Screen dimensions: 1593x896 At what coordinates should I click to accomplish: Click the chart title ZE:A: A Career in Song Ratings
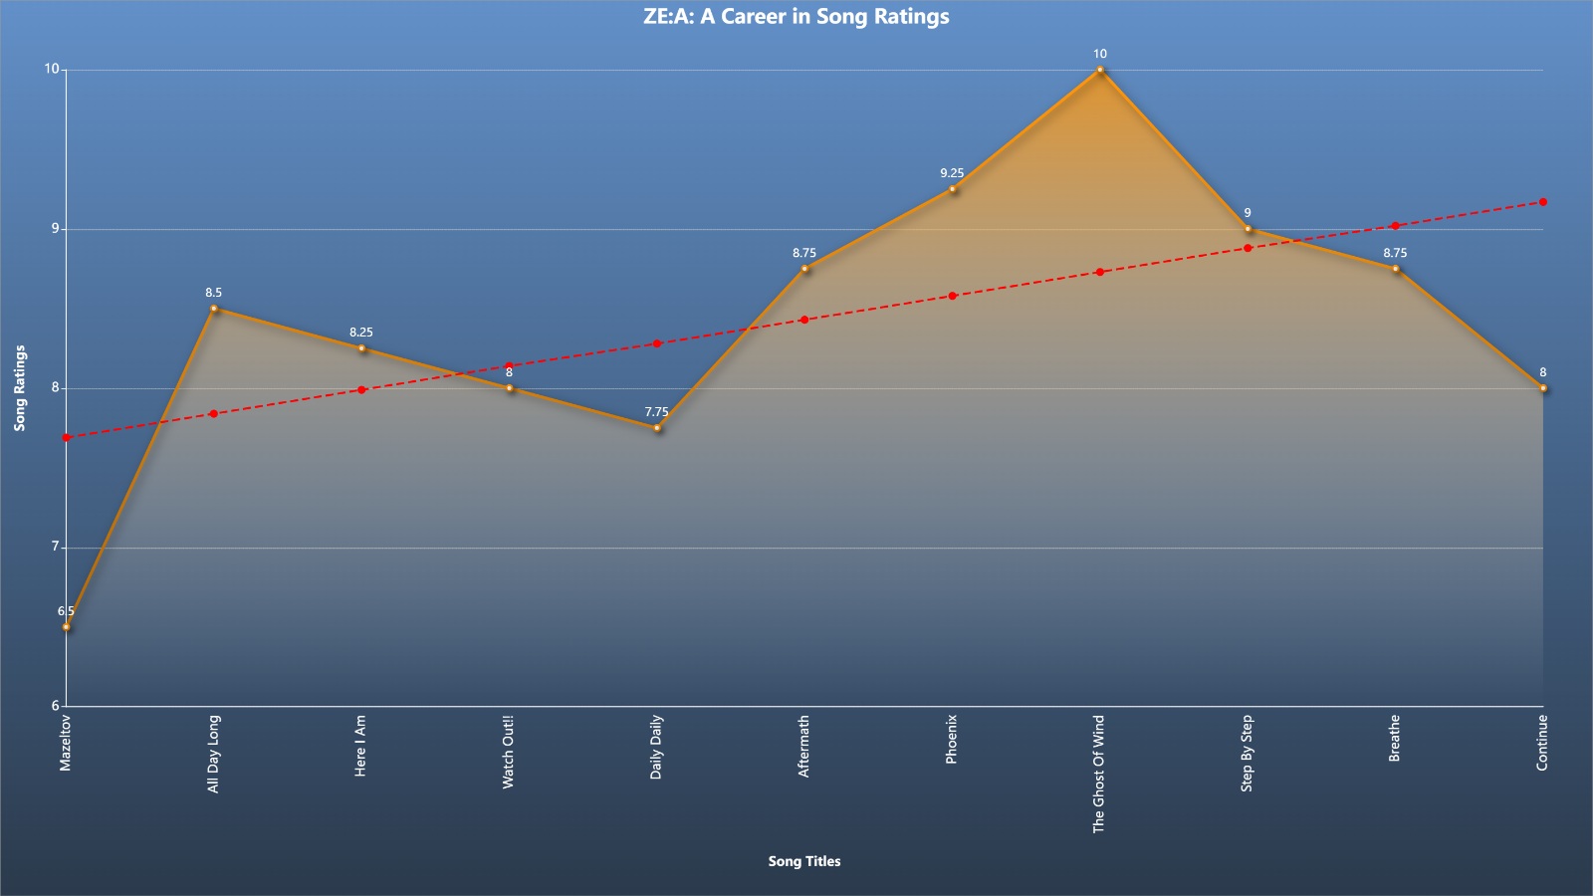pyautogui.click(x=796, y=16)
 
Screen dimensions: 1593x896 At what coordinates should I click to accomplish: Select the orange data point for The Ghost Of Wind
pyautogui.click(x=1100, y=70)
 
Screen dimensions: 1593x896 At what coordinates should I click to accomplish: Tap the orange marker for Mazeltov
pyautogui.click(x=66, y=627)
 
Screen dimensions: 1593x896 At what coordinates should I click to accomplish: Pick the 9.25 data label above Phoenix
pyautogui.click(x=952, y=173)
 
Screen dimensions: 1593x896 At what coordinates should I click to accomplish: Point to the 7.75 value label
pyautogui.click(x=657, y=412)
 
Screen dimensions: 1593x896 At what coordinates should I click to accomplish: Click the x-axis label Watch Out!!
pyautogui.click(x=508, y=752)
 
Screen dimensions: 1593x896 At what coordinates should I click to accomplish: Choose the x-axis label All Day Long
pyautogui.click(x=213, y=754)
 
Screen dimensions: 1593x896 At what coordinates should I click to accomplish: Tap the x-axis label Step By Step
pyautogui.click(x=1247, y=753)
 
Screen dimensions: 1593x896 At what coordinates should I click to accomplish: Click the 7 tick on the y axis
pyautogui.click(x=55, y=547)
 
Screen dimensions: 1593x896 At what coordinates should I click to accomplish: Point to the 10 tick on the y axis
pyautogui.click(x=52, y=69)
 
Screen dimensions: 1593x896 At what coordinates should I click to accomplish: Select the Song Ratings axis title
pyautogui.click(x=20, y=388)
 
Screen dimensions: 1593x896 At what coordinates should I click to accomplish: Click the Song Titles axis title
pyautogui.click(x=804, y=861)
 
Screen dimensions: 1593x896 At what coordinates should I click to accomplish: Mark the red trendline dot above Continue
pyautogui.click(x=1543, y=202)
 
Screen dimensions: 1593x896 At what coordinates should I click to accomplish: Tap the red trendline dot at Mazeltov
pyautogui.click(x=66, y=438)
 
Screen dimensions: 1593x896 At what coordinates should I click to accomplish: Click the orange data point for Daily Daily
pyautogui.click(x=657, y=428)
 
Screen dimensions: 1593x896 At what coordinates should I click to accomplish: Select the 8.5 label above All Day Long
pyautogui.click(x=214, y=293)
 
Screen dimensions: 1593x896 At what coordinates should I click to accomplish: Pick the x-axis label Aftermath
pyautogui.click(x=803, y=746)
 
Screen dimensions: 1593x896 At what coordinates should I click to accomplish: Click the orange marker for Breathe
pyautogui.click(x=1395, y=269)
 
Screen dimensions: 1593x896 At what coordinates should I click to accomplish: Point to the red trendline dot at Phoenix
pyautogui.click(x=952, y=296)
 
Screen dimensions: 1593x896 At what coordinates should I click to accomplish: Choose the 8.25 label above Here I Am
pyautogui.click(x=361, y=333)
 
